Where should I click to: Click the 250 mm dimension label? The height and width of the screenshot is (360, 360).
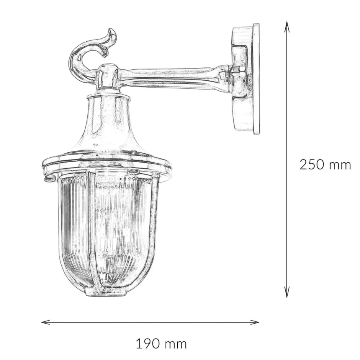(325, 165)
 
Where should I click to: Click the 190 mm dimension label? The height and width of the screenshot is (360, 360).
(161, 344)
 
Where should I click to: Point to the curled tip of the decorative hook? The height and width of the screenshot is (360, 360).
(113, 32)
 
